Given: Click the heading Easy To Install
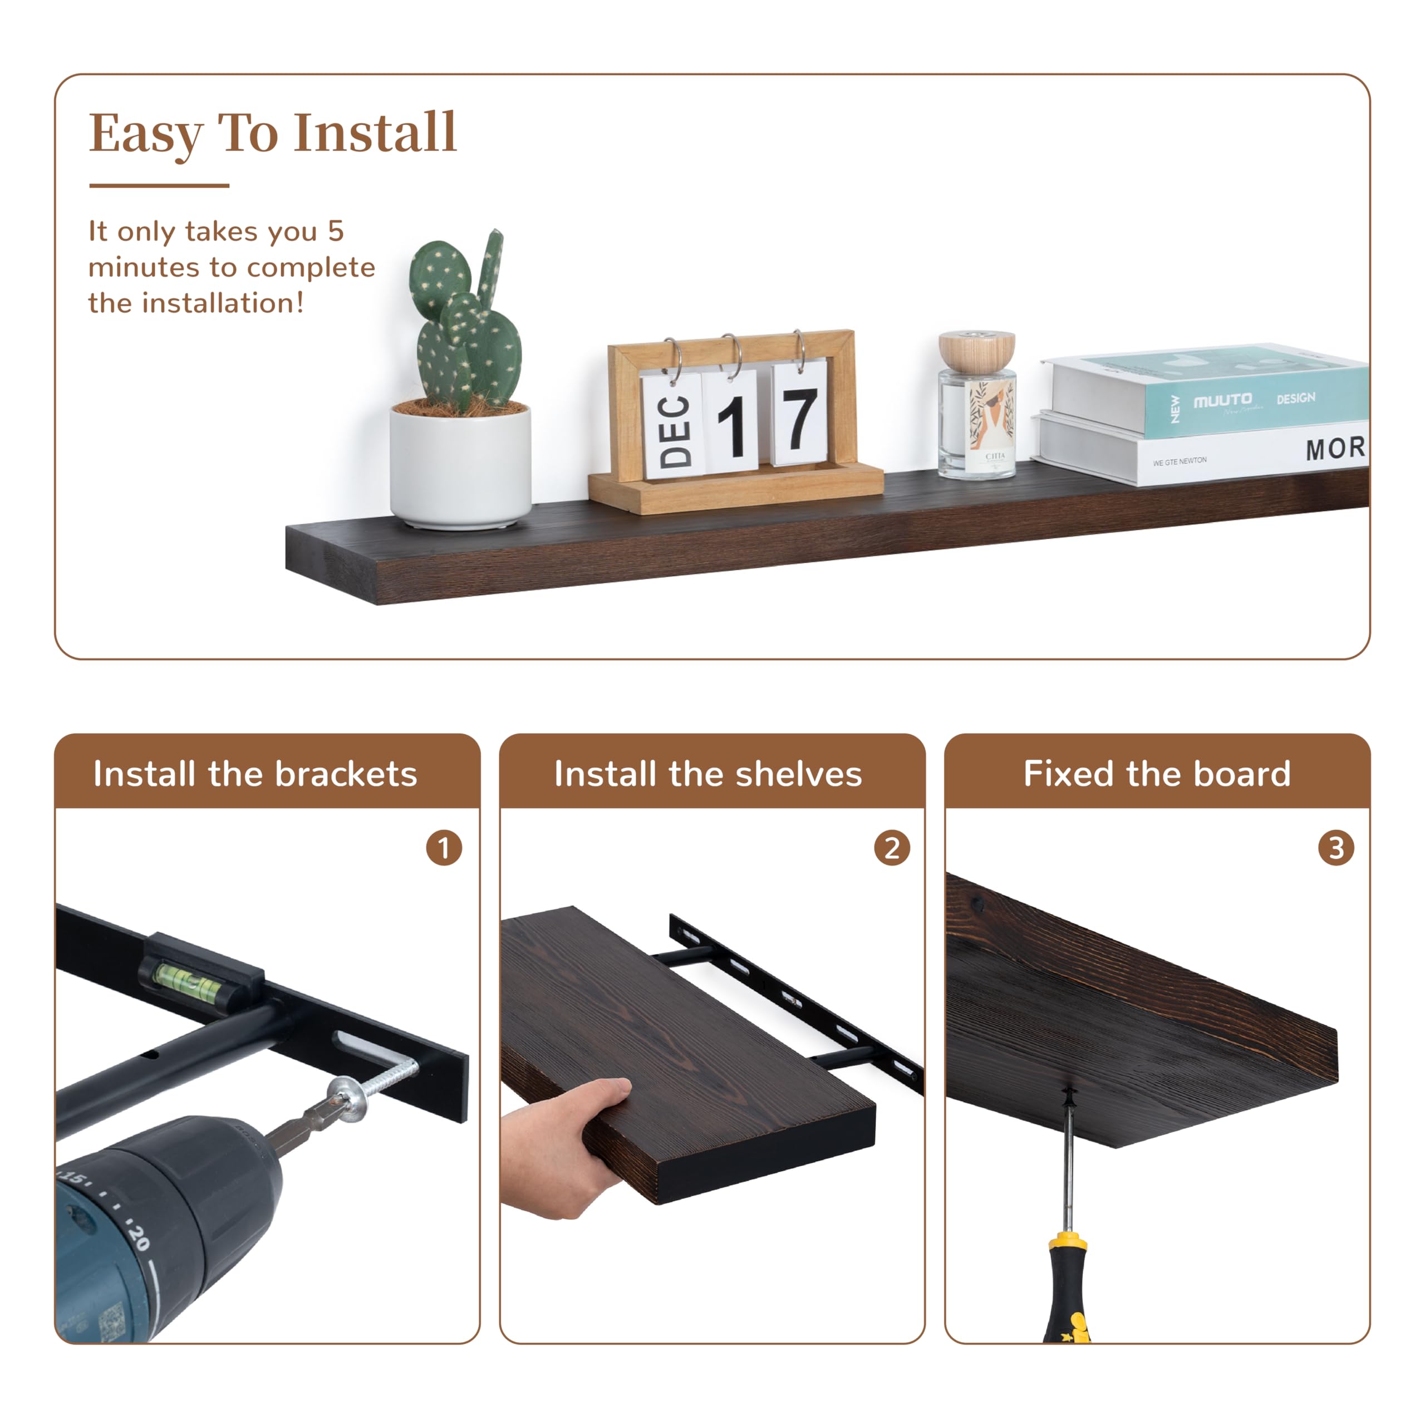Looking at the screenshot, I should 273,134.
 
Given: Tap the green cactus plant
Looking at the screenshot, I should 465,325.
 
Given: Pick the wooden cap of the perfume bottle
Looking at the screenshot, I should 976,350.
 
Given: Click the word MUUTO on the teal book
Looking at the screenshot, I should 1222,401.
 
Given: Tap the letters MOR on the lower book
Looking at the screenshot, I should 1335,449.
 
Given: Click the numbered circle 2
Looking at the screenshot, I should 892,848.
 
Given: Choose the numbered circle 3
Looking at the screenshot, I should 1336,848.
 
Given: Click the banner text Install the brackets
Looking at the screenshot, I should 255,774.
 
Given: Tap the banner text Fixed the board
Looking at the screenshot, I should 1157,774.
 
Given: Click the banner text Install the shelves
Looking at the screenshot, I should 708,774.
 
